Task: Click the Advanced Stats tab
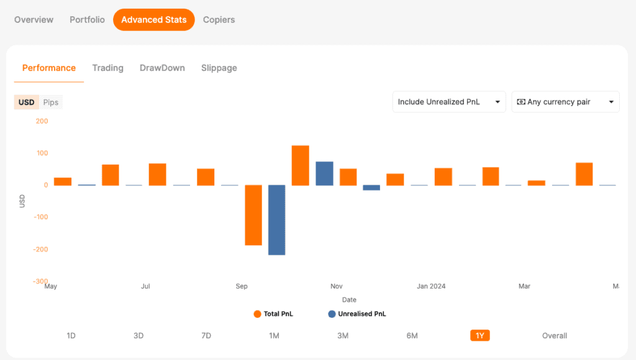154,19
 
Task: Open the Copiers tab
219,19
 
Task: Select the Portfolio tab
87,19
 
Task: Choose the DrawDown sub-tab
162,68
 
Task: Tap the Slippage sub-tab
219,68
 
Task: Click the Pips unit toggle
51,102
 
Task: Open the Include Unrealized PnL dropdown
449,102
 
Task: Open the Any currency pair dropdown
565,102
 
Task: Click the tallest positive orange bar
300,165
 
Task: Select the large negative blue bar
276,220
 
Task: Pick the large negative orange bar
253,215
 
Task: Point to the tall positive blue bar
324,174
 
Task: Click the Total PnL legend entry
273,314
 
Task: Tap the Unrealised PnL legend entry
357,314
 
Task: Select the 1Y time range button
480,336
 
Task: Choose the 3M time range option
343,336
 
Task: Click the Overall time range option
555,336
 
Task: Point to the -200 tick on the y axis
40,250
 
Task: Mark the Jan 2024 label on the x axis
431,286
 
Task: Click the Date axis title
349,300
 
